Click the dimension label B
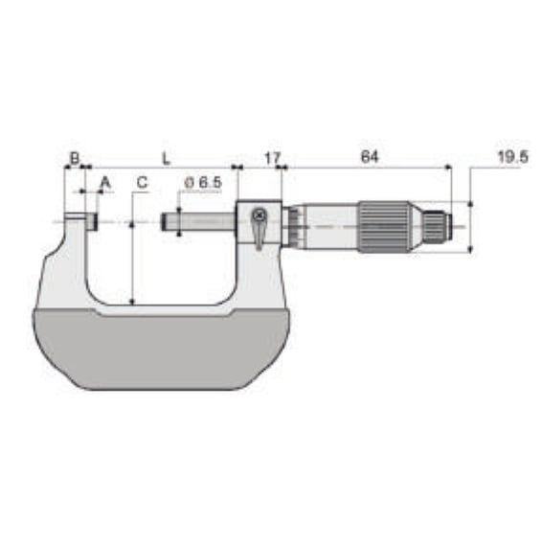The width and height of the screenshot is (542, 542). [75, 158]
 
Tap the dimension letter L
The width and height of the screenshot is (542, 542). [167, 159]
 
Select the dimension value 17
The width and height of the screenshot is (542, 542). [272, 158]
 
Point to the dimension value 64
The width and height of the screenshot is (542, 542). [370, 157]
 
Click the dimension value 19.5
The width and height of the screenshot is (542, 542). [513, 157]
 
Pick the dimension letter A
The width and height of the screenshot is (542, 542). [105, 182]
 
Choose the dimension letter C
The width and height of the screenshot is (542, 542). [142, 182]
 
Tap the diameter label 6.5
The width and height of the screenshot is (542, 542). [203, 183]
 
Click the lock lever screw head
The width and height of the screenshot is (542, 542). [259, 215]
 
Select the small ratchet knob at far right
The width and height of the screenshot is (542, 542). [438, 227]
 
